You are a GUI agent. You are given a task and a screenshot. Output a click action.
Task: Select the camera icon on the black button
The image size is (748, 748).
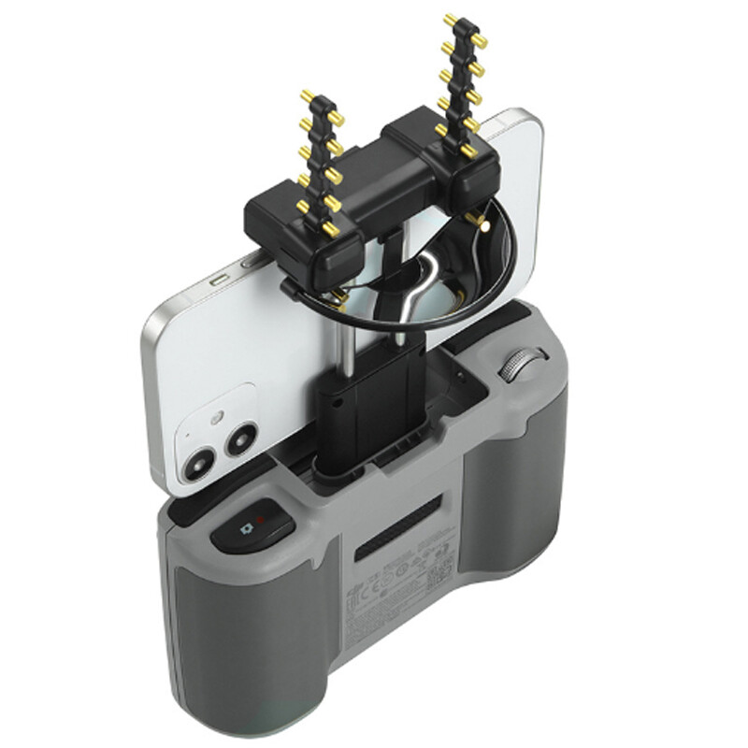click(x=247, y=529)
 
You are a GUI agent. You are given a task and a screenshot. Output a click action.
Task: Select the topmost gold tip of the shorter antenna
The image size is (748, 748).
click(x=306, y=94)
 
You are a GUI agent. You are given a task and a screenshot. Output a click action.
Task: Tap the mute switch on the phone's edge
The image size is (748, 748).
click(x=217, y=280)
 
